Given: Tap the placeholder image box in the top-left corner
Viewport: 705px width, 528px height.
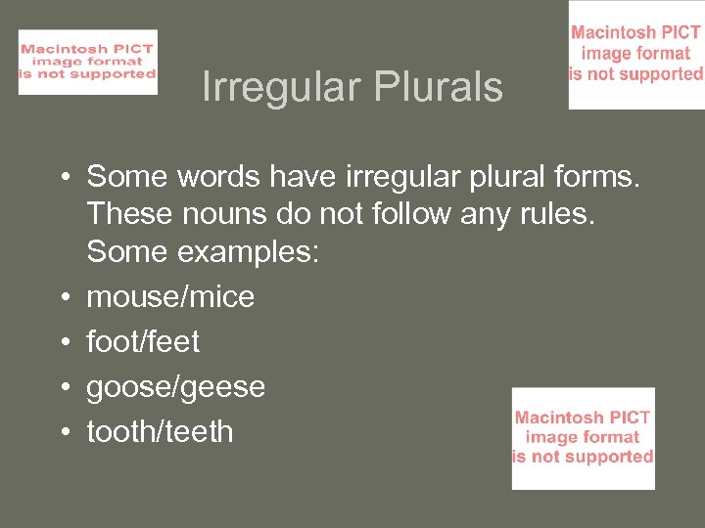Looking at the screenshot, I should coord(88,63).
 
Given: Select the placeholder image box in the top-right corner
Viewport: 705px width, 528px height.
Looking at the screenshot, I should coord(636,55).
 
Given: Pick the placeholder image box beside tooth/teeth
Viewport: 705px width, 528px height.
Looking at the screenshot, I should coord(584,438).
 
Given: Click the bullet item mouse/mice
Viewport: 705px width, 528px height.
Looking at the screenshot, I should coord(170,297).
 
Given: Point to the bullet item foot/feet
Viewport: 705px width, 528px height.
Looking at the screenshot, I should coord(143,342).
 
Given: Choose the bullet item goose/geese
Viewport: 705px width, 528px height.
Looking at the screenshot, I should coord(176,387).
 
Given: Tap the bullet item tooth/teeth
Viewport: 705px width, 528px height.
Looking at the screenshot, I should coord(161,431).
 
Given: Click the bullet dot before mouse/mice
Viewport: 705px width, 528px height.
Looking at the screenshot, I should coord(61,297).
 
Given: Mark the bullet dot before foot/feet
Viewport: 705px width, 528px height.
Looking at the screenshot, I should coord(61,342).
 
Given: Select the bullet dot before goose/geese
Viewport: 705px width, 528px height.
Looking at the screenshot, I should coord(61,387).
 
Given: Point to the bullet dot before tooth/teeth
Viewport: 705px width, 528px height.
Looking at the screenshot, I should coord(61,432).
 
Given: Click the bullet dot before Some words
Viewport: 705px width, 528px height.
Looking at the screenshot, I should coord(61,177).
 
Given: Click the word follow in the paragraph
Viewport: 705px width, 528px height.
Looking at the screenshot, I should coord(411,214).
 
